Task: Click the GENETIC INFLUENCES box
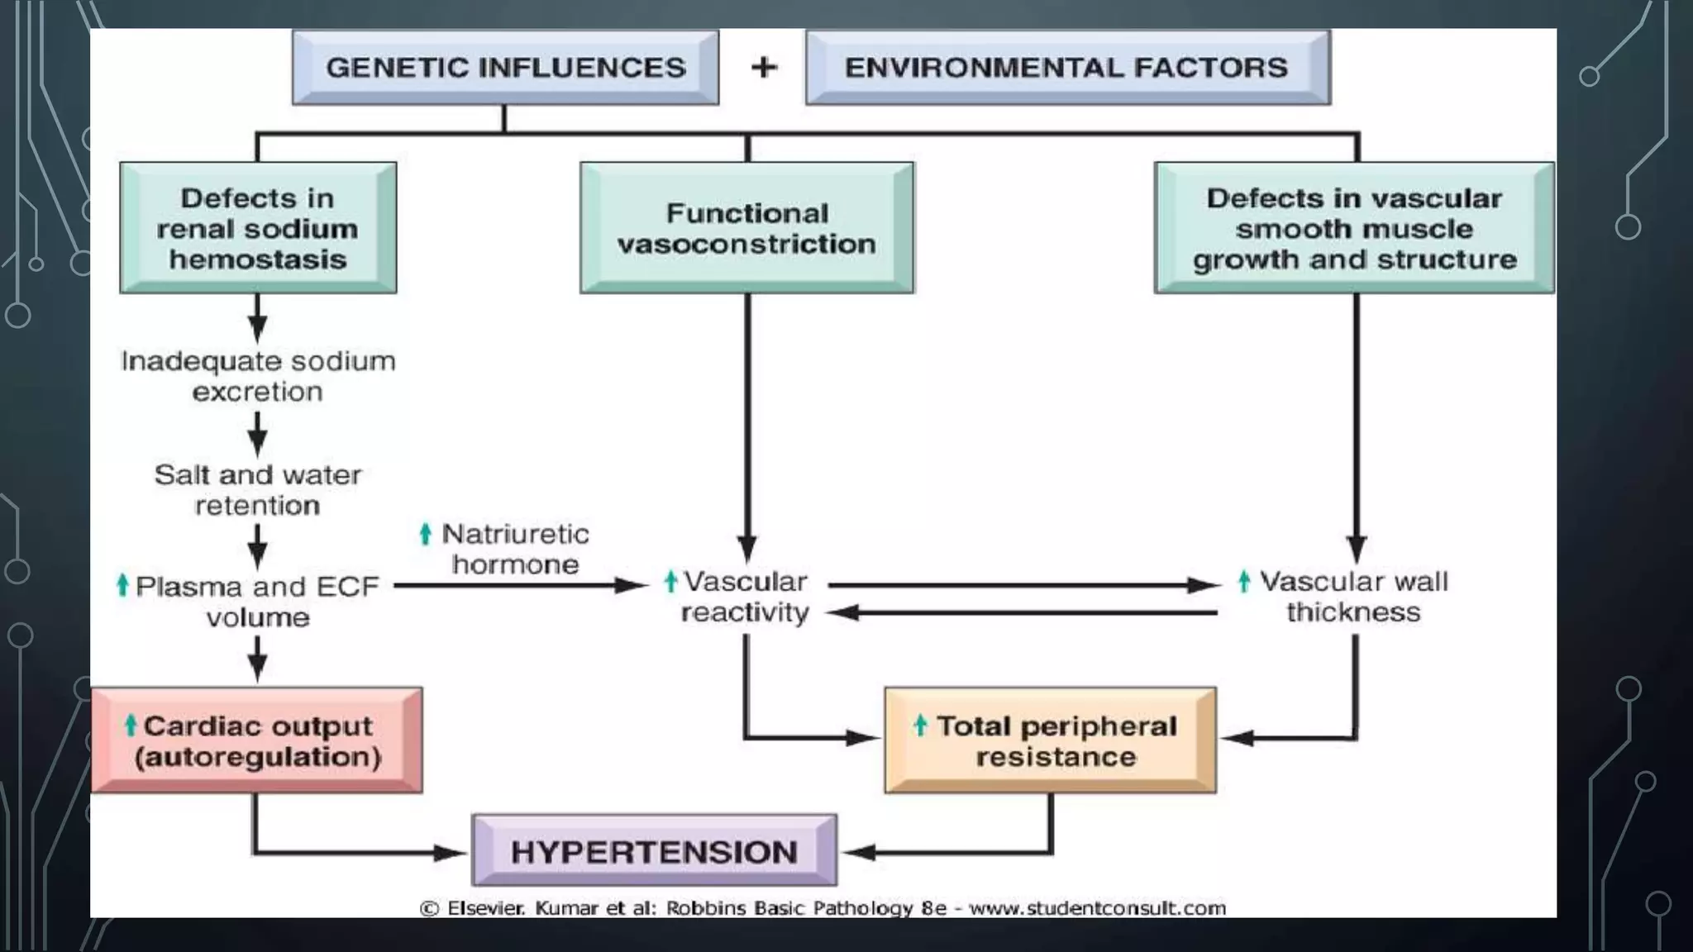[x=505, y=67]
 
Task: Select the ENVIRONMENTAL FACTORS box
[x=1066, y=67]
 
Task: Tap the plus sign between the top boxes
[x=764, y=67]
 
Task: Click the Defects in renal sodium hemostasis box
[x=258, y=228]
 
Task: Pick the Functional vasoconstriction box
[x=746, y=228]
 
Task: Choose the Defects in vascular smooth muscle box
[x=1354, y=228]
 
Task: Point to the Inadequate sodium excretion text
[x=258, y=376]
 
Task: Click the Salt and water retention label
[x=258, y=489]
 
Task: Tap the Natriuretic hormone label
[x=514, y=549]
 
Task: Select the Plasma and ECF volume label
[x=256, y=601]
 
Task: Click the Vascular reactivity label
[x=744, y=597]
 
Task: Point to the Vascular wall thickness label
[x=1353, y=597]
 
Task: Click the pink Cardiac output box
[x=256, y=740]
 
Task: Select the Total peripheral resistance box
[x=1050, y=740]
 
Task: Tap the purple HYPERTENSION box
[x=654, y=851]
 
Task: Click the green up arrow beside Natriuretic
[x=426, y=534]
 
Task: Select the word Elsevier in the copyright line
[x=485, y=908]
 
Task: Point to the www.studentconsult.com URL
[x=1097, y=908]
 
